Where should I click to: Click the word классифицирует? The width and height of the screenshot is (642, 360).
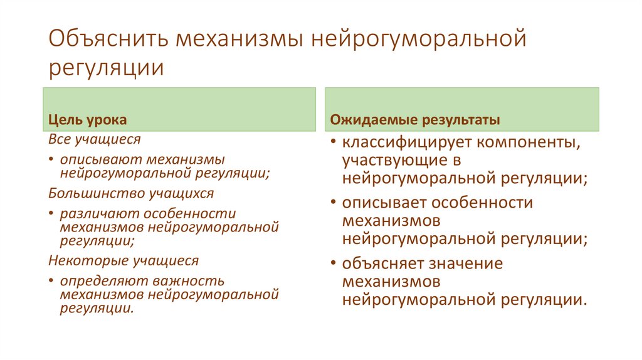click(407, 143)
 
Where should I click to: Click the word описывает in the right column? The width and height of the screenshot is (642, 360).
click(384, 203)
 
